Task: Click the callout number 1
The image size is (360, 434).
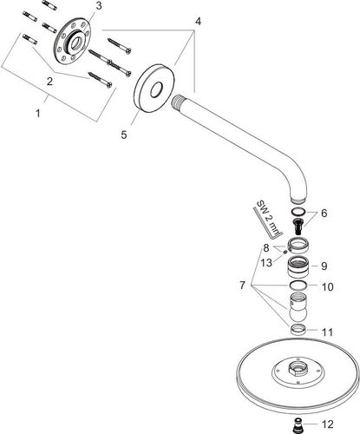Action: (x=38, y=114)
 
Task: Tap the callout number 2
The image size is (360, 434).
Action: (x=49, y=82)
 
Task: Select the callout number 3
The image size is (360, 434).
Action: (x=99, y=6)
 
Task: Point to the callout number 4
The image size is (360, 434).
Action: (x=198, y=21)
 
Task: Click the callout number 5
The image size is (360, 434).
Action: (x=124, y=135)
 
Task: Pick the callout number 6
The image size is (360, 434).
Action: (x=324, y=214)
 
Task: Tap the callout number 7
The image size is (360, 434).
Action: (x=242, y=286)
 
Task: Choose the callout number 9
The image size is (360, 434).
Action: (x=324, y=266)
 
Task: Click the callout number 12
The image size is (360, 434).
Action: (x=328, y=424)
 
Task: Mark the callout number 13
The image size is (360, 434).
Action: (x=266, y=263)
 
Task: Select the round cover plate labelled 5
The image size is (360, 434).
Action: (x=154, y=89)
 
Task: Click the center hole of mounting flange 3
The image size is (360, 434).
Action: (x=76, y=43)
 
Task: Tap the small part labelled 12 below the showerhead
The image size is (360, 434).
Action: (x=296, y=424)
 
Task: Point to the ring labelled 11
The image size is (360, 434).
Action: (x=298, y=330)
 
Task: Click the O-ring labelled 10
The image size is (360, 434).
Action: (x=298, y=286)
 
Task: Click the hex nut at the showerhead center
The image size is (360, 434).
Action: (x=297, y=368)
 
